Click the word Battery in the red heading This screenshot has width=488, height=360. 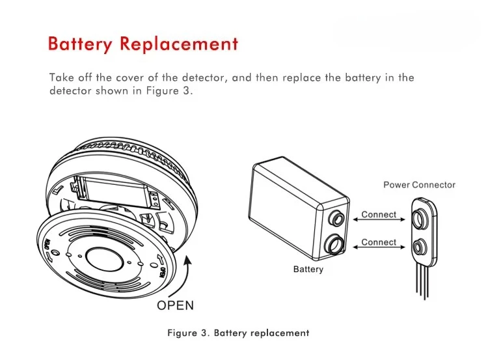(79, 44)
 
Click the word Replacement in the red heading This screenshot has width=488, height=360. (180, 43)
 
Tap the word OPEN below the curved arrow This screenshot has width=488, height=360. (175, 305)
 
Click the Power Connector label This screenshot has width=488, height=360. (419, 185)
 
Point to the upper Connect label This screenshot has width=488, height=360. (379, 215)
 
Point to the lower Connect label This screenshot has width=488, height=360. (379, 242)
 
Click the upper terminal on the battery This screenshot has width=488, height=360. (337, 217)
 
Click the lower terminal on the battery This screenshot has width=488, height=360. (335, 245)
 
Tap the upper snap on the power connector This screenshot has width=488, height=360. (418, 219)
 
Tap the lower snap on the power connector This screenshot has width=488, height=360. (419, 247)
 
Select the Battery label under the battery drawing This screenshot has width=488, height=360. (308, 270)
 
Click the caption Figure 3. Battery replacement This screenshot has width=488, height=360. (238, 333)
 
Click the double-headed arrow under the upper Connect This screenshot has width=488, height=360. (379, 219)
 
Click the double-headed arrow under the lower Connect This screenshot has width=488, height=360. (379, 247)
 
